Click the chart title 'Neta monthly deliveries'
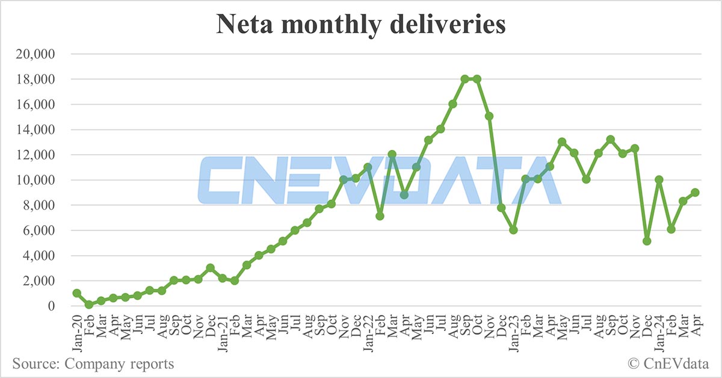pyautogui.click(x=360, y=25)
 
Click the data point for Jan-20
pyautogui.click(x=77, y=293)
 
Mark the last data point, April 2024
pyautogui.click(x=695, y=192)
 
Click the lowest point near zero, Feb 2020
pyautogui.click(x=89, y=305)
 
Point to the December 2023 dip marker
pyautogui.click(x=647, y=241)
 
